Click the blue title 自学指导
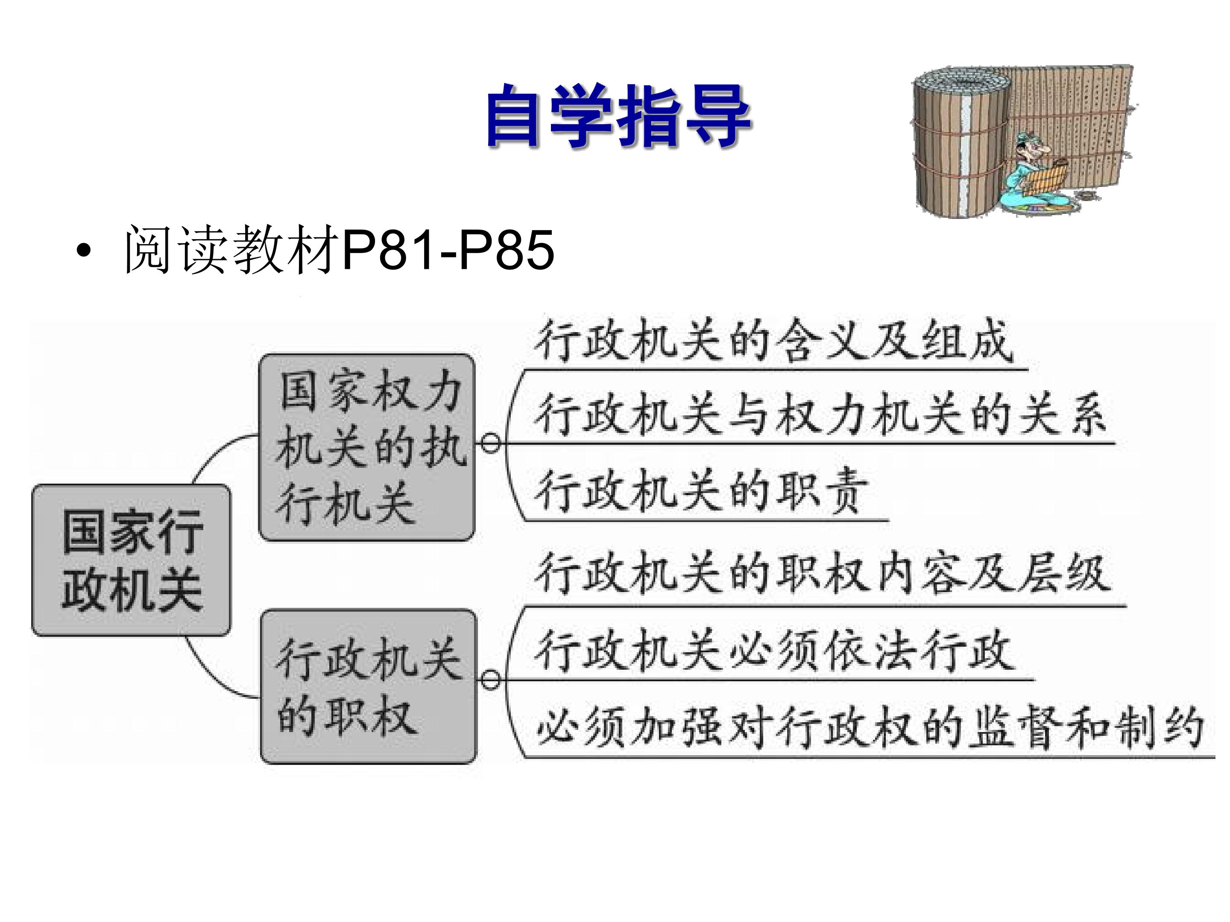tap(618, 116)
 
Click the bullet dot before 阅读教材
tap(83, 251)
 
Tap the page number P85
tap(506, 250)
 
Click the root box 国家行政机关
tap(131, 560)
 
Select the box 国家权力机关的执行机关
tap(367, 447)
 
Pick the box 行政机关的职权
tap(369, 686)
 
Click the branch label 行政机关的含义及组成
tap(773, 341)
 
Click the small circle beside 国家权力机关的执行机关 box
tap(490, 443)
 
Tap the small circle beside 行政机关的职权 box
tap(490, 680)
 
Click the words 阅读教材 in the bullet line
tap(232, 250)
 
